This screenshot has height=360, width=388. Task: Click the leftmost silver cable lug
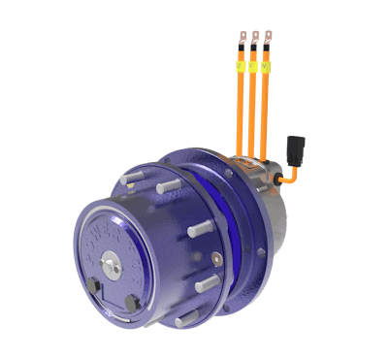(242, 39)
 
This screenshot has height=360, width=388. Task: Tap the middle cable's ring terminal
(254, 39)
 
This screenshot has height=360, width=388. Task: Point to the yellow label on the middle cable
(253, 67)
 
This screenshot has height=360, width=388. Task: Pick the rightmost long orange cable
(263, 116)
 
